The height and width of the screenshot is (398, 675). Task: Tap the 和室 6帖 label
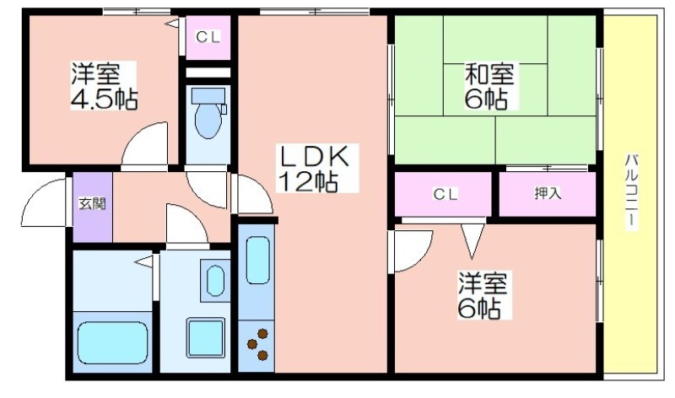[x=489, y=86]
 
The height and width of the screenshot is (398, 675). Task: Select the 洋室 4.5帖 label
[x=104, y=86]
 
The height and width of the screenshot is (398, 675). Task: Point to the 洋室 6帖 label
[x=483, y=295]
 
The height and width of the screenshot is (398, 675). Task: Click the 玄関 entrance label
[x=92, y=203]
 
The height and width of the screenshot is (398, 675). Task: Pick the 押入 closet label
[x=548, y=194]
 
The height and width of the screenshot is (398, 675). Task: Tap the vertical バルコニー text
[x=631, y=191]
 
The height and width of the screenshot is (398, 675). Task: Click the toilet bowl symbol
[x=208, y=113]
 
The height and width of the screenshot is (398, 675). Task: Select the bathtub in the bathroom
[x=113, y=342]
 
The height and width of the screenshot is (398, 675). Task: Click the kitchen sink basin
[x=258, y=261]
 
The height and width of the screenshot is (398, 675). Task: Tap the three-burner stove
[x=257, y=344]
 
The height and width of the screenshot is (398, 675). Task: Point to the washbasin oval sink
[x=215, y=281]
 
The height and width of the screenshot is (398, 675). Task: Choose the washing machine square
[x=206, y=338]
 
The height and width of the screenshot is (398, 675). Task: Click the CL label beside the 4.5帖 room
[x=208, y=37]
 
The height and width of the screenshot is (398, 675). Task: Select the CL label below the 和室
[x=445, y=195]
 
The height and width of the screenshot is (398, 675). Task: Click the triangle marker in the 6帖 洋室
[x=472, y=240]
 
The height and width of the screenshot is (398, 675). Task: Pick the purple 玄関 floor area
[x=93, y=207]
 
